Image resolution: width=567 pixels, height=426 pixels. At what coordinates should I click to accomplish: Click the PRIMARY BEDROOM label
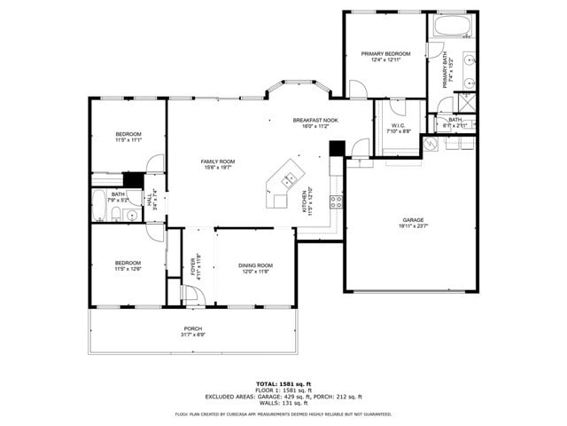pyautogui.click(x=385, y=53)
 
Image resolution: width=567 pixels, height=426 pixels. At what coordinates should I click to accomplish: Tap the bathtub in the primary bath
pyautogui.click(x=452, y=26)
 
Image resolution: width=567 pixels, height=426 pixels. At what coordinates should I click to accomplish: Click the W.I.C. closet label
pyautogui.click(x=398, y=125)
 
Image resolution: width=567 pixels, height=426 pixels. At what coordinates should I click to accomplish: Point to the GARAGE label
pyautogui.click(x=413, y=219)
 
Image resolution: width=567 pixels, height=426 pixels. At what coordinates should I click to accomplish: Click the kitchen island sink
pyautogui.click(x=288, y=179)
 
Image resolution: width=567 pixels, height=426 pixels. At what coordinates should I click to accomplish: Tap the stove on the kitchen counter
pyautogui.click(x=336, y=201)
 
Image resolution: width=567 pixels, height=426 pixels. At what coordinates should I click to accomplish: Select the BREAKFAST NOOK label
pyautogui.click(x=315, y=120)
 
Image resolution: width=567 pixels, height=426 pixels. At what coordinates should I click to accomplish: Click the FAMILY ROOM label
pyautogui.click(x=217, y=160)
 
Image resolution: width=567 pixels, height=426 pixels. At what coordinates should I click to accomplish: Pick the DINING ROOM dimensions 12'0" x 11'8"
pyautogui.click(x=255, y=272)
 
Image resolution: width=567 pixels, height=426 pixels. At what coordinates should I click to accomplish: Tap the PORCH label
pyautogui.click(x=192, y=327)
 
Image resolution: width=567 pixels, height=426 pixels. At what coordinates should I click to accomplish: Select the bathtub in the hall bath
pyautogui.click(x=99, y=199)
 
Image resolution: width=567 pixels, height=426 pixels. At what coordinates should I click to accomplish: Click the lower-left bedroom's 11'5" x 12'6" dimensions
pyautogui.click(x=128, y=269)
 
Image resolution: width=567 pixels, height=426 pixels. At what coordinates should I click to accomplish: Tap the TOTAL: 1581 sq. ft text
pyautogui.click(x=283, y=383)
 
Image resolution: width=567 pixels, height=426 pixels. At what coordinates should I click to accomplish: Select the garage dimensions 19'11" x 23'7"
pyautogui.click(x=413, y=226)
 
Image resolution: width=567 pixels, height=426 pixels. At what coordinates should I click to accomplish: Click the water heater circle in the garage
pyautogui.click(x=431, y=146)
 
